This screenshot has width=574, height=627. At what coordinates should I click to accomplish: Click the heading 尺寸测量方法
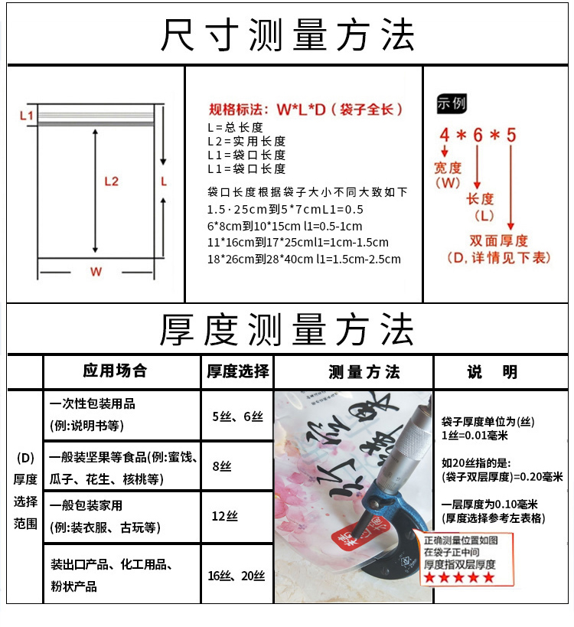287,35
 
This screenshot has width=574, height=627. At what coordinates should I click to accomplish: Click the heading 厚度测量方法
287,330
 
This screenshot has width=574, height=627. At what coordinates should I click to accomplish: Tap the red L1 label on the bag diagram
27,116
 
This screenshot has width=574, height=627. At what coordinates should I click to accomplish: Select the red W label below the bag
96,272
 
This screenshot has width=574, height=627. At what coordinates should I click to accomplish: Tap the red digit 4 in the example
444,136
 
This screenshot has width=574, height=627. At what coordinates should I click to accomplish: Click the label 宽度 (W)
448,175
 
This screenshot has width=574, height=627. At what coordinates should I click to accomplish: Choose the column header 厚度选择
238,371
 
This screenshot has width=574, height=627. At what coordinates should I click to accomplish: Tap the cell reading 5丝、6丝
237,416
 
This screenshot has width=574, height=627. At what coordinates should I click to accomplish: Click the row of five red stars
460,578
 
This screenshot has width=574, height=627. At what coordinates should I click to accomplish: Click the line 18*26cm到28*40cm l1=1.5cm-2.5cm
304,259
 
